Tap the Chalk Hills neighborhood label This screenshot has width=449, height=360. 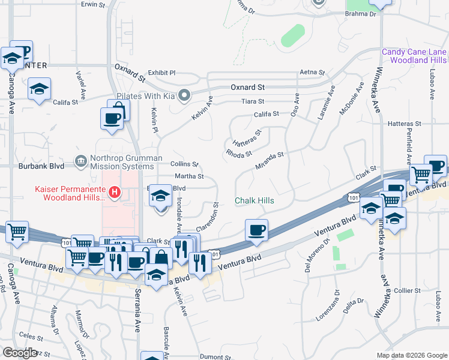tap(255, 201)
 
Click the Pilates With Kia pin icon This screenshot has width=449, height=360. tap(184, 95)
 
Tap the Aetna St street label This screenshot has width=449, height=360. tap(313, 73)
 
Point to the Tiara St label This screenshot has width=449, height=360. tap(252, 101)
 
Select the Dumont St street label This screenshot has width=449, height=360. tap(211, 356)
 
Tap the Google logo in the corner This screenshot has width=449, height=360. tap(20, 353)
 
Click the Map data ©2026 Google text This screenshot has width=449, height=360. tap(411, 355)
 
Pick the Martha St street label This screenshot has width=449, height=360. tap(189, 176)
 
